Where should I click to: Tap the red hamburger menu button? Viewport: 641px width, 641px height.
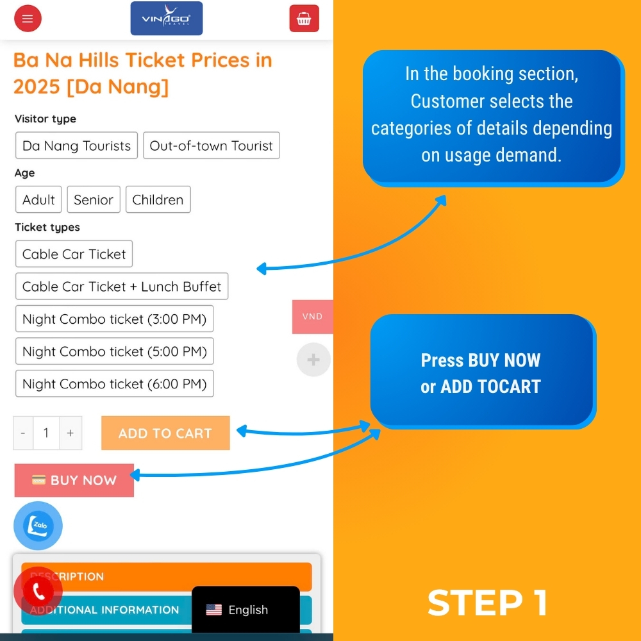[x=28, y=19]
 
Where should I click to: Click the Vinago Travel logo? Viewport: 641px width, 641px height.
[x=167, y=19]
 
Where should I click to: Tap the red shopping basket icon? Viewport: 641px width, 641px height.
[x=304, y=19]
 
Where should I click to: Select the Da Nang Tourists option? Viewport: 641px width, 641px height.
[x=76, y=146]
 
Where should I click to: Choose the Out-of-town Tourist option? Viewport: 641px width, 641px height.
[x=212, y=146]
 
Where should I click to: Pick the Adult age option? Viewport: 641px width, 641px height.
[x=38, y=199]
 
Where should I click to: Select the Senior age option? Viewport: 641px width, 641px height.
[x=94, y=199]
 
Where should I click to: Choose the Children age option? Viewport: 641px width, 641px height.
[x=158, y=199]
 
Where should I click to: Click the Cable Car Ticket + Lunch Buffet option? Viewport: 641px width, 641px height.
[x=122, y=286]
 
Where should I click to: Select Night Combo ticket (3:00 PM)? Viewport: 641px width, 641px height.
[x=115, y=319]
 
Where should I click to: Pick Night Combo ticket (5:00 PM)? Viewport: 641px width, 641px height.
[x=115, y=351]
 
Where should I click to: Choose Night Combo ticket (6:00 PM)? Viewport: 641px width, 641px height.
[x=115, y=383]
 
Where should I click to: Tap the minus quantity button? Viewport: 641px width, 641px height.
[x=23, y=433]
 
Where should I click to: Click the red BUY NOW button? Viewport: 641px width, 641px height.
[x=74, y=480]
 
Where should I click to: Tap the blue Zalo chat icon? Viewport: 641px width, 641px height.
[x=38, y=526]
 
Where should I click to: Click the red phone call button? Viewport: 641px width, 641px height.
[x=38, y=591]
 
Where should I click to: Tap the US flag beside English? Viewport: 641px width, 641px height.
[x=214, y=610]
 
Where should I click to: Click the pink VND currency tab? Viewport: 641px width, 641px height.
[x=313, y=317]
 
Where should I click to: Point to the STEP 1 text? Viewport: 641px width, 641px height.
[x=487, y=603]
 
